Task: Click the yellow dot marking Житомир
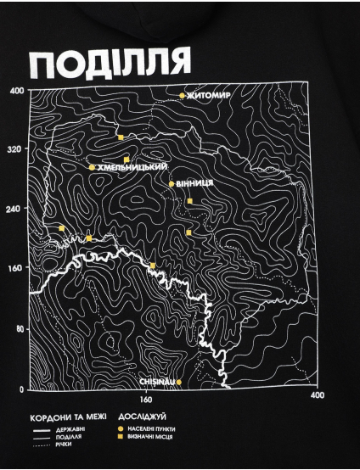tap(183, 95)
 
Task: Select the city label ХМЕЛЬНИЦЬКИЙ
tap(132, 168)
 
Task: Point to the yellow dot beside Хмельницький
tap(92, 168)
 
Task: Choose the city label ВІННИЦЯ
tap(195, 183)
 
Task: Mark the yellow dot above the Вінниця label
tap(172, 183)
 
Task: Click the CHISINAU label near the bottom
tap(156, 382)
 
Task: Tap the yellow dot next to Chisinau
tap(178, 382)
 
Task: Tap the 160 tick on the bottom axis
tap(144, 399)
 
